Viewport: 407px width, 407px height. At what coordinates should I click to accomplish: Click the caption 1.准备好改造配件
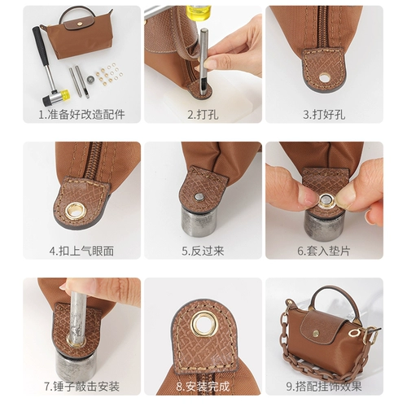(81, 116)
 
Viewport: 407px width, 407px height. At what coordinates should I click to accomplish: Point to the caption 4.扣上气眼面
(81, 251)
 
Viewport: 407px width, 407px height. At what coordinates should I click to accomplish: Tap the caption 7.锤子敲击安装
(81, 385)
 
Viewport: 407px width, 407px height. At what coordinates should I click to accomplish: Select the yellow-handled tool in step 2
(199, 13)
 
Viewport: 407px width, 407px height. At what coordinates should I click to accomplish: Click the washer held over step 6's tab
(326, 198)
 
